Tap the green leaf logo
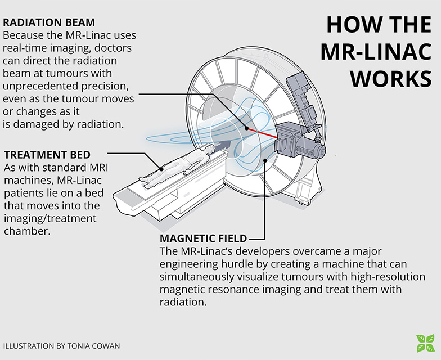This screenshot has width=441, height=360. click(425, 343)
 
